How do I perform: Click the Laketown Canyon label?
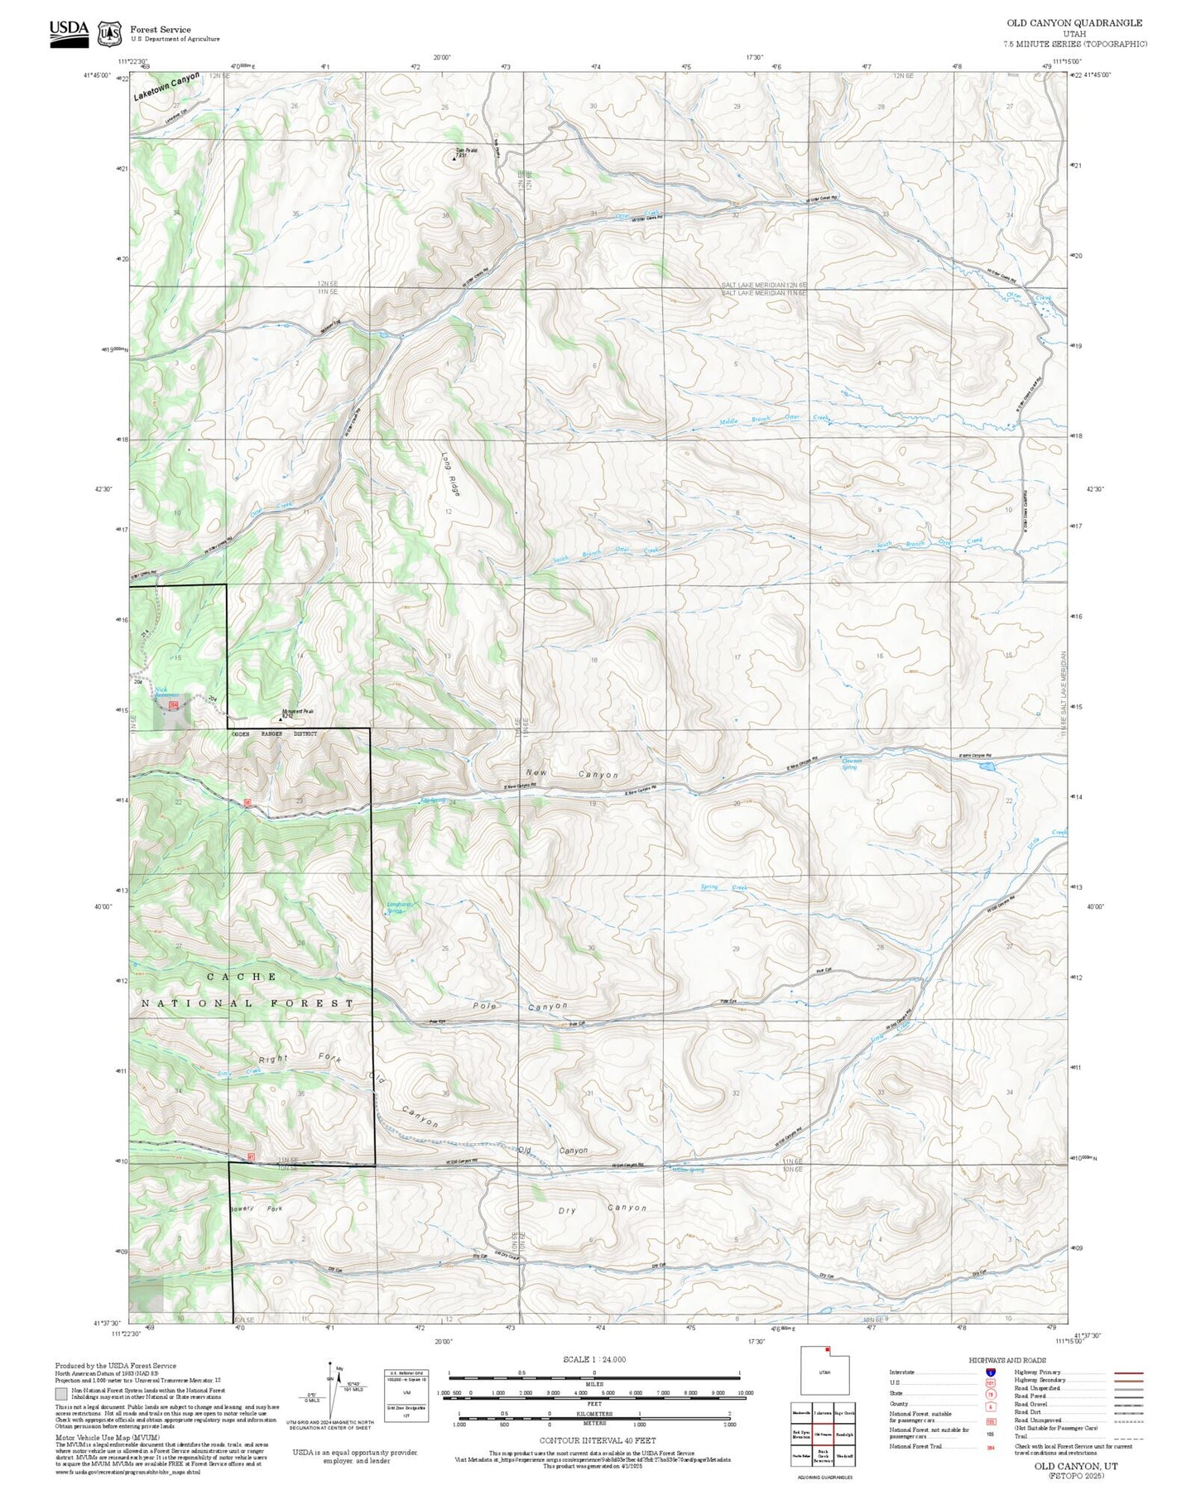point(166,87)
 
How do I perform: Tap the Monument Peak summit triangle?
point(281,719)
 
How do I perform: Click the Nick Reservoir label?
point(167,693)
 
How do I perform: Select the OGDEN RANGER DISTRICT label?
point(274,734)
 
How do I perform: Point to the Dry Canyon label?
point(602,1209)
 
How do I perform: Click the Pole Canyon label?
point(521,1006)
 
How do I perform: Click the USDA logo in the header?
point(69,32)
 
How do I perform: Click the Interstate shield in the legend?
point(990,1372)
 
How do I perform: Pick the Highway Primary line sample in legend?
point(1128,1372)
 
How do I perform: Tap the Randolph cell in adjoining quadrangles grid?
point(844,1434)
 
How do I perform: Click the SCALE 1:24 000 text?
point(593,1359)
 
